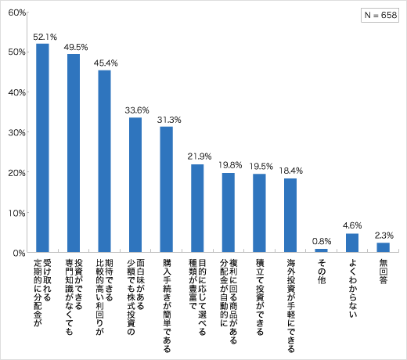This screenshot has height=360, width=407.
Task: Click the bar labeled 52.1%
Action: (43, 148)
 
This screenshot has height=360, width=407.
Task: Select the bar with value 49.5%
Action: (74, 153)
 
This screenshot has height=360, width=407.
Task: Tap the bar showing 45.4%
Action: (104, 161)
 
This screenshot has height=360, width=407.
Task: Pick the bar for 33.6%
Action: (135, 185)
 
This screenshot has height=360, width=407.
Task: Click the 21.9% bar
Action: (197, 208)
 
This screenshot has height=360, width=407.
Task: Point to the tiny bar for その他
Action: (321, 250)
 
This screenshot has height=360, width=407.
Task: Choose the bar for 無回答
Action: (383, 247)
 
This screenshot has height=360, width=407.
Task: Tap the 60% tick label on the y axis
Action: (17, 12)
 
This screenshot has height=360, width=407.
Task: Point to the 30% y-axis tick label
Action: (17, 132)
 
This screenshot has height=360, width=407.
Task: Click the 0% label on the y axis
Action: (20, 253)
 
